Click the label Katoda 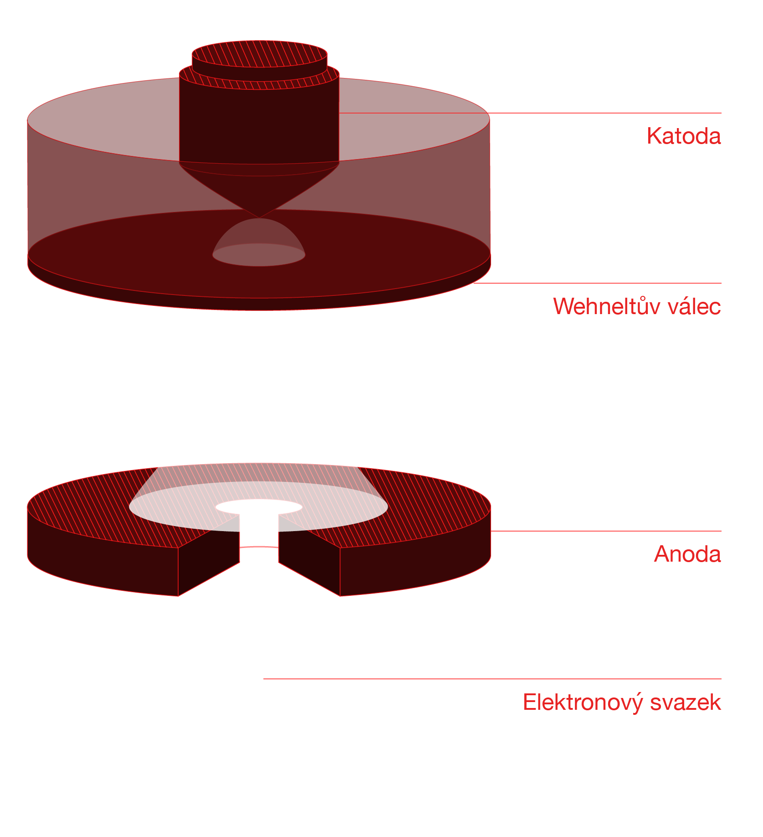pyautogui.click(x=683, y=136)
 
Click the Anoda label pyautogui.click(x=687, y=554)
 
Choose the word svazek pyautogui.click(x=686, y=703)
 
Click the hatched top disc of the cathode pyautogui.click(x=259, y=53)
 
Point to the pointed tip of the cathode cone pyautogui.click(x=259, y=217)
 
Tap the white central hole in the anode pyautogui.click(x=259, y=507)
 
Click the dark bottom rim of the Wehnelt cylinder pyautogui.click(x=259, y=304)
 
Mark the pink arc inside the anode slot pyautogui.click(x=259, y=547)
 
